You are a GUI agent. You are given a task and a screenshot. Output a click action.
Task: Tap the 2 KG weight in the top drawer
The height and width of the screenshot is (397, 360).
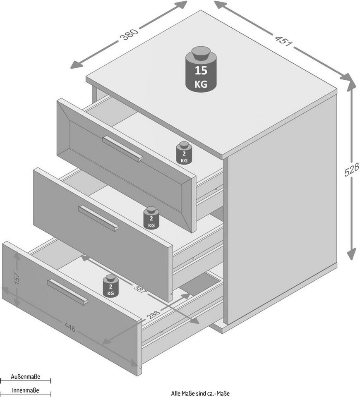(184, 153)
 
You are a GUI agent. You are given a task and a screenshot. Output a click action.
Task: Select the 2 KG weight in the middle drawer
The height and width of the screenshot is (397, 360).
(151, 218)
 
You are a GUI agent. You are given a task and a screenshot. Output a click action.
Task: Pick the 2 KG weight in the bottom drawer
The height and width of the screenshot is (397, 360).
(110, 286)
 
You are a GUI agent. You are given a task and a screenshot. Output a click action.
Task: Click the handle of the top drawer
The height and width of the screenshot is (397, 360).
(122, 149)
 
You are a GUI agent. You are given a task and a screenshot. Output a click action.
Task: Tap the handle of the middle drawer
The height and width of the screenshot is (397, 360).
(98, 218)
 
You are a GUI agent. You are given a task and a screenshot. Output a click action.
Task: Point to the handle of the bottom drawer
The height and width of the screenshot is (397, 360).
(67, 292)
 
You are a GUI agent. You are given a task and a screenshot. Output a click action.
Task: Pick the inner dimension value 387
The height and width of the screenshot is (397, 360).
(141, 290)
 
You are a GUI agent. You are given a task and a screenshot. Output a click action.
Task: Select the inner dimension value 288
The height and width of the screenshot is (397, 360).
(154, 313)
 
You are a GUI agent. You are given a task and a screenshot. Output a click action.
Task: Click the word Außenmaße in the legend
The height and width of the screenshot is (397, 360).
(25, 377)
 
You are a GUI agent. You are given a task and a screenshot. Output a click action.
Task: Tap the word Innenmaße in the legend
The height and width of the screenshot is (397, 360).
(25, 390)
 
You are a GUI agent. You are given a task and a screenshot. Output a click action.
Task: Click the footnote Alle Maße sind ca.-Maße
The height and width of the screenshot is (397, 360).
(200, 394)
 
